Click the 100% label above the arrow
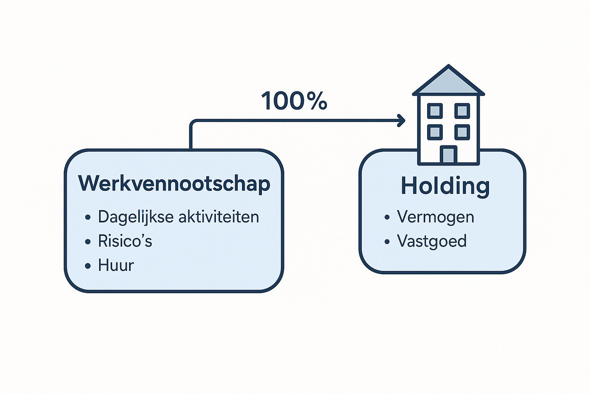[294, 101]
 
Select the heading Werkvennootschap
[174, 184]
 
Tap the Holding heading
[445, 186]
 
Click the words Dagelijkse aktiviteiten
[178, 217]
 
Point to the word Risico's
[125, 241]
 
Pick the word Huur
[116, 265]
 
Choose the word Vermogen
[435, 217]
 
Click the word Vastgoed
[432, 241]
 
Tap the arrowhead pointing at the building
[401, 120]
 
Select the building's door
[448, 155]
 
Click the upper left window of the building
[435, 111]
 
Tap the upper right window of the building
[462, 111]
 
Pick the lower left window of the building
[435, 132]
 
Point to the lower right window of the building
[462, 132]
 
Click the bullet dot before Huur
[88, 266]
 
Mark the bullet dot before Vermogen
[387, 217]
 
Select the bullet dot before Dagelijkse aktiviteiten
[88, 217]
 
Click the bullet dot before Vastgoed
[387, 242]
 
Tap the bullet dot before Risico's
[88, 242]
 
